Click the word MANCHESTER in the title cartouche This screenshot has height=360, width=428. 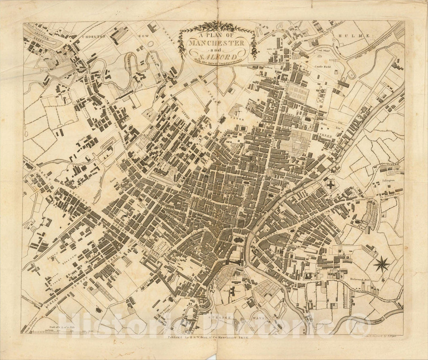point(216,42)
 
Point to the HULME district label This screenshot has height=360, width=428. point(353,36)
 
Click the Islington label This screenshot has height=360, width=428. point(388,180)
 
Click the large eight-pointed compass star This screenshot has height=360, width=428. point(382,264)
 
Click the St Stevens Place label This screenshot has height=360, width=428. point(363,198)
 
